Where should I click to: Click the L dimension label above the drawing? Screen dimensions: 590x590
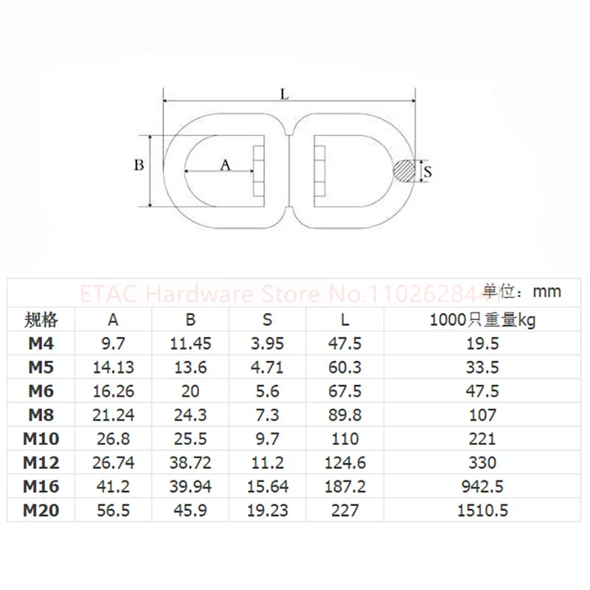tap(284, 94)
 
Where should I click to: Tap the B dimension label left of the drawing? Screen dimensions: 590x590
tap(138, 165)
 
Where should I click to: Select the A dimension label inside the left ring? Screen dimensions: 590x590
tap(226, 166)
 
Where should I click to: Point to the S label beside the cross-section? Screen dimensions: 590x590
tap(427, 172)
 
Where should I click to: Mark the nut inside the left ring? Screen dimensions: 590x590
tap(258, 171)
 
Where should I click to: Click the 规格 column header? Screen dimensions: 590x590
tap(41, 320)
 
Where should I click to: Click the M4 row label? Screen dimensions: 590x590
tap(41, 343)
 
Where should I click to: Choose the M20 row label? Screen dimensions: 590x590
tap(41, 510)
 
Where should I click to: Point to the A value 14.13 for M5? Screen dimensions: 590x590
tap(113, 367)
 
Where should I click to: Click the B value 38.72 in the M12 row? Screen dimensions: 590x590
tap(190, 463)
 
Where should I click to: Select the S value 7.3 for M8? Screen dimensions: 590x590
tap(268, 414)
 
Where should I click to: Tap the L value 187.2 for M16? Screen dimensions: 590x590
tap(344, 486)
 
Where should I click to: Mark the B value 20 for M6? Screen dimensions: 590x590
tap(190, 391)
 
